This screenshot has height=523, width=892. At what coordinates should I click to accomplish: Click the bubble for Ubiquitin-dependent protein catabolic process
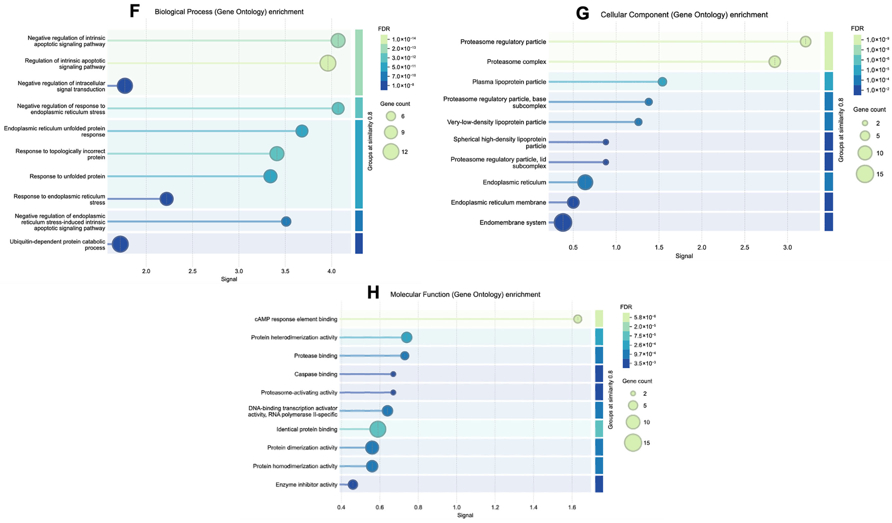click(x=120, y=244)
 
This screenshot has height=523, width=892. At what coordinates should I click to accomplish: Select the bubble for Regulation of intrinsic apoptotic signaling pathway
click(x=328, y=63)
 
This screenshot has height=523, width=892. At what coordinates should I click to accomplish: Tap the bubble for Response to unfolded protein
click(x=271, y=176)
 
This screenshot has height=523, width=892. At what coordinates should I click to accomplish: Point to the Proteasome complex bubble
click(x=775, y=62)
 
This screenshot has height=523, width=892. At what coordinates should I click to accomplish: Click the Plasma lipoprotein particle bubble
click(x=662, y=82)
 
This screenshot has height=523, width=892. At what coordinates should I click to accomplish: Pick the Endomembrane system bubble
click(x=563, y=223)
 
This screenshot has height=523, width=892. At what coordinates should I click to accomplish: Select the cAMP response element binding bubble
click(x=577, y=319)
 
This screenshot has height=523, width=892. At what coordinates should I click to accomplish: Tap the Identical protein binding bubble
click(x=378, y=429)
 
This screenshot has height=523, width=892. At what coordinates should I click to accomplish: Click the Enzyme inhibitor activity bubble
click(x=353, y=484)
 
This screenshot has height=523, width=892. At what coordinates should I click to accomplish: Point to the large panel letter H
click(x=373, y=293)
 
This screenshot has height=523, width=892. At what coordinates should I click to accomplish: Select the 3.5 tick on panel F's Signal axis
click(x=285, y=271)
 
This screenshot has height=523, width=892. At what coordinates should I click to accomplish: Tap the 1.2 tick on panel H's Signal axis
click(x=495, y=507)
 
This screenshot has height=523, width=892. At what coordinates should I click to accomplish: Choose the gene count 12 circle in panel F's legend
click(x=391, y=152)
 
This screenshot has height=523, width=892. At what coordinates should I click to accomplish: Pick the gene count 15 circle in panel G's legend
click(x=865, y=174)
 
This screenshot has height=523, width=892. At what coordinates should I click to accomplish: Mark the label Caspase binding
click(x=316, y=374)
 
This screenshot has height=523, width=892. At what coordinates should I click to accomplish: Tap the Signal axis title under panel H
click(x=465, y=515)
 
